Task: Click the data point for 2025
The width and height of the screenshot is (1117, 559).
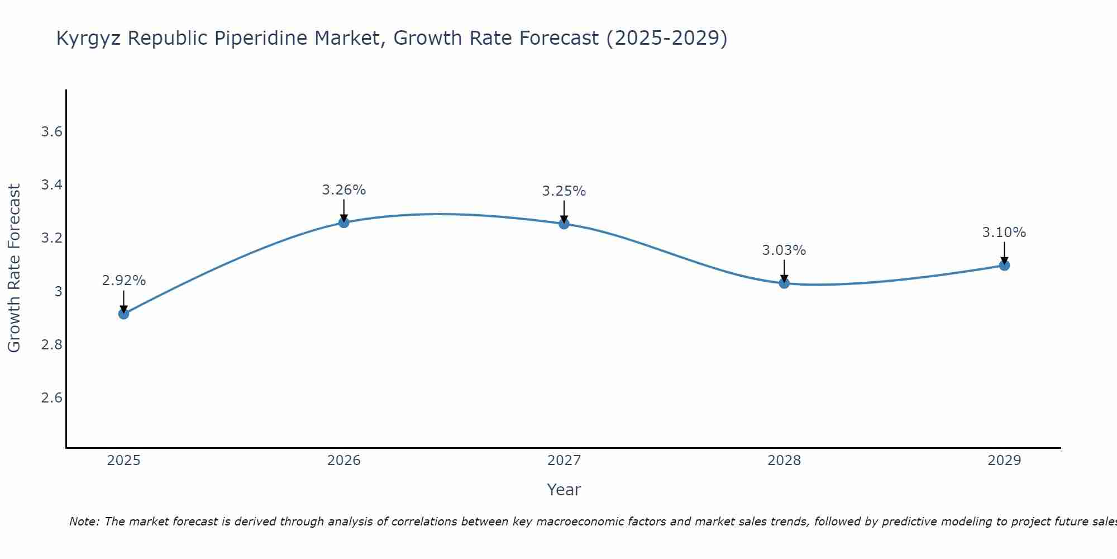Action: point(123,314)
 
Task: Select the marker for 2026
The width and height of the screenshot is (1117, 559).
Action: point(343,222)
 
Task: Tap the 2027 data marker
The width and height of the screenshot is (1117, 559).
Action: point(564,224)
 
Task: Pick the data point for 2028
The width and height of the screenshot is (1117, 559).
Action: point(784,283)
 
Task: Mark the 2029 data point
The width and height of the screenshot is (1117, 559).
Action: point(1004,265)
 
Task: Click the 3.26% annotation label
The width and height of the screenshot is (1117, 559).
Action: point(343,190)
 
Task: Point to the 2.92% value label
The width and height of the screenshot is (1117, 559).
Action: point(123,281)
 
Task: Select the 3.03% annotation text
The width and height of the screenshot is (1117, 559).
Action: point(784,250)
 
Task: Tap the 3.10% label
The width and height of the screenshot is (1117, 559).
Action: point(1004,233)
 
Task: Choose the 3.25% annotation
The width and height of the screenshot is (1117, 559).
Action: point(564,191)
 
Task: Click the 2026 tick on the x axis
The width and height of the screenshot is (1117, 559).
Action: point(343,461)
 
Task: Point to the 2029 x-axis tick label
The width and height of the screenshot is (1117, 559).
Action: point(1004,461)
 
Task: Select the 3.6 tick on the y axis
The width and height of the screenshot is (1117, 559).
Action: point(51,132)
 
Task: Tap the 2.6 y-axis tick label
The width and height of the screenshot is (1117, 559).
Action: point(51,398)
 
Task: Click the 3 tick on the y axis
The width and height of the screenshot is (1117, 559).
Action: point(58,292)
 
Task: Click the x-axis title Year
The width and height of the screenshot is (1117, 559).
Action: point(564,490)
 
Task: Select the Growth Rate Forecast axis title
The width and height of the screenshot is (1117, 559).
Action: point(14,268)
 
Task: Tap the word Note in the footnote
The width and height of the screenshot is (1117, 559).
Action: point(84,522)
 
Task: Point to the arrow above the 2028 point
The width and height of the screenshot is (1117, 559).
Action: point(784,271)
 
